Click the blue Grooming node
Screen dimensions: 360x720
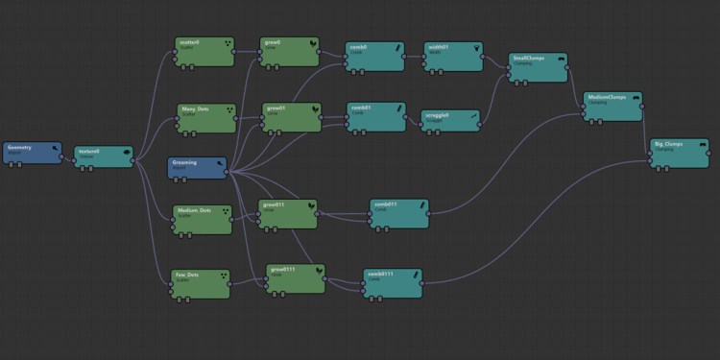point(197,167)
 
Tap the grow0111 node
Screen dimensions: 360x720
point(294,277)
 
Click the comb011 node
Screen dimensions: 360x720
point(397,213)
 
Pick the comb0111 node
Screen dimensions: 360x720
point(391,281)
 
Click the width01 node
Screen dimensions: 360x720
point(453,56)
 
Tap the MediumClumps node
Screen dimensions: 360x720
point(612,105)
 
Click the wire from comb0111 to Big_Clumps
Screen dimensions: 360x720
point(538,223)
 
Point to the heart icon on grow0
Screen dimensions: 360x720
point(311,44)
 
